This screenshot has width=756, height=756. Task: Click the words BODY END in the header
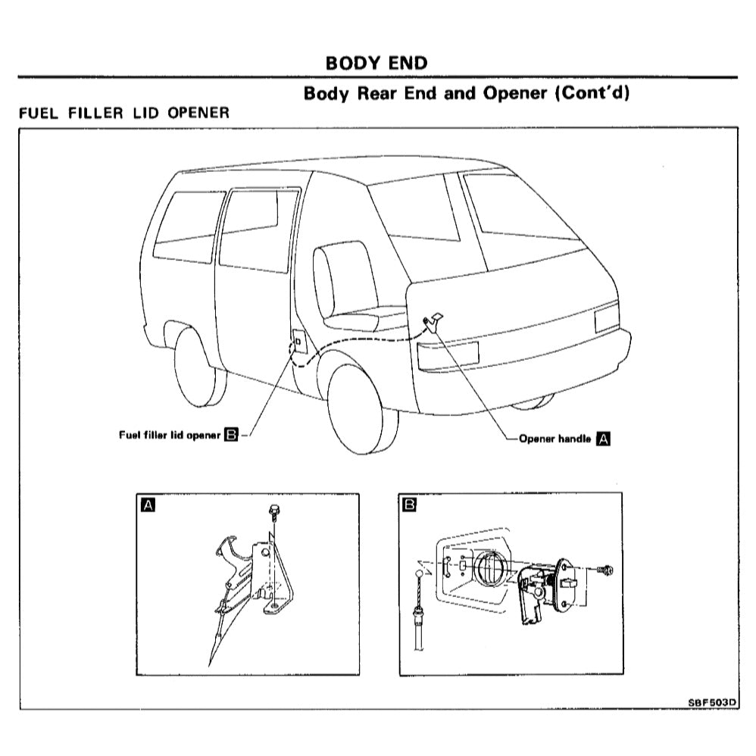point(376,62)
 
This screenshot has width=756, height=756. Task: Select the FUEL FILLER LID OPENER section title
point(123,113)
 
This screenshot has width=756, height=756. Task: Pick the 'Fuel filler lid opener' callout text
point(170,435)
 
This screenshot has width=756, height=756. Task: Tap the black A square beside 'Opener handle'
point(604,438)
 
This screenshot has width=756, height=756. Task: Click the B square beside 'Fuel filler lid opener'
point(232,435)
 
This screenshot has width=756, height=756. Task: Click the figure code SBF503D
point(711,701)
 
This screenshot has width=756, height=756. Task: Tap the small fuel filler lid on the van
point(298,343)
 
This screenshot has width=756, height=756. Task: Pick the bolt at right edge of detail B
point(604,570)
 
